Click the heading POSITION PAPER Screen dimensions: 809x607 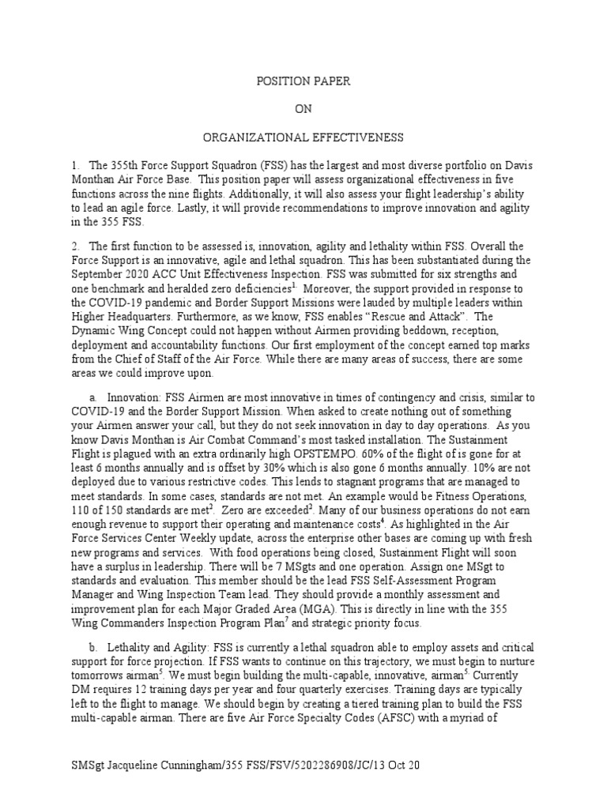(303, 81)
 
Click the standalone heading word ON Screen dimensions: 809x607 (303, 109)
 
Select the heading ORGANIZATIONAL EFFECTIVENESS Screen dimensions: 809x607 (303, 137)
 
